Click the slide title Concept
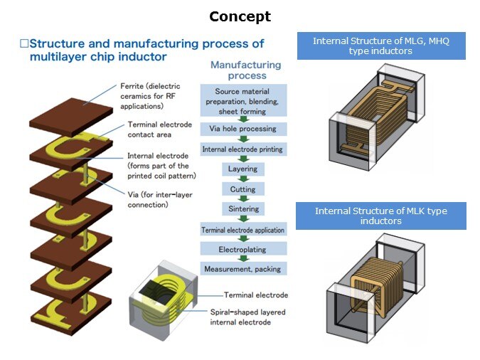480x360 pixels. click(240, 16)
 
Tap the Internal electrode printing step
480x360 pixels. click(242, 149)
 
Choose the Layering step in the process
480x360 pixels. click(242, 169)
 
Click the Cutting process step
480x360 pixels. click(242, 189)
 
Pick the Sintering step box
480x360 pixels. click(243, 209)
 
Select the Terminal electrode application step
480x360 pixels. click(242, 230)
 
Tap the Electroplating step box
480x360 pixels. click(242, 249)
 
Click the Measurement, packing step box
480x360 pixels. click(242, 269)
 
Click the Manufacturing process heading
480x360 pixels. click(245, 70)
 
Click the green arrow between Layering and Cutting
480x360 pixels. click(243, 179)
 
